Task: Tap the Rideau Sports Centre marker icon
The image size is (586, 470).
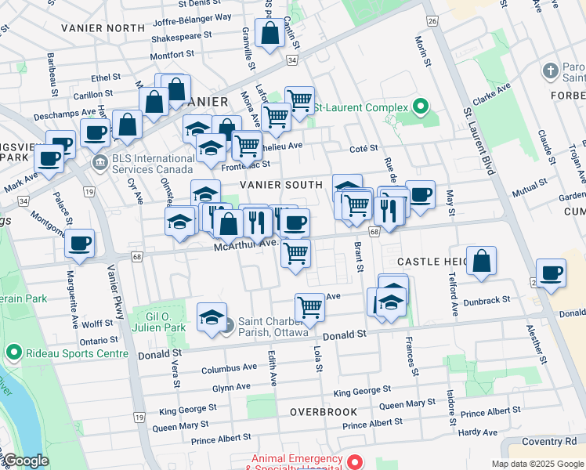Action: tap(13, 353)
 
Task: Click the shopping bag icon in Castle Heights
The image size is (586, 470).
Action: tap(482, 261)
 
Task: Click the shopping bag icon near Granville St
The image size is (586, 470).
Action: tap(269, 34)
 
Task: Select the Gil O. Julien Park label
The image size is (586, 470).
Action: tap(159, 321)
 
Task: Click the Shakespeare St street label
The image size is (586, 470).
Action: tap(182, 36)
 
